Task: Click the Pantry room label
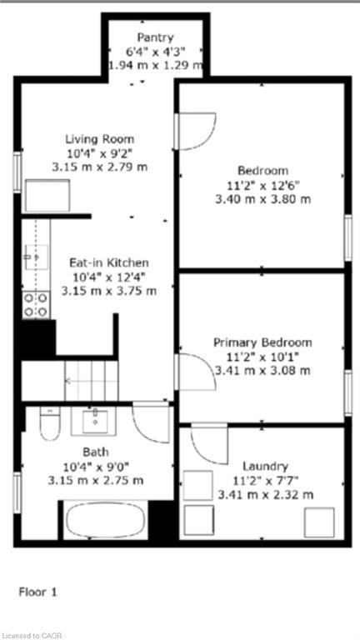(x=156, y=37)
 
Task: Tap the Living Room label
(x=100, y=139)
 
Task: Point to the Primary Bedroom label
(x=262, y=342)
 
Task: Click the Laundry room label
(x=265, y=466)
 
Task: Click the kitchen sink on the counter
(x=35, y=257)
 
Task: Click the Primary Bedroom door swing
(x=193, y=372)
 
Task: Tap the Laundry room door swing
(x=208, y=443)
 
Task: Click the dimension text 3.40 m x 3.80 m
(x=262, y=199)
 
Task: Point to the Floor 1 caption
(x=37, y=592)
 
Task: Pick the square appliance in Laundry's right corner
(x=319, y=522)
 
